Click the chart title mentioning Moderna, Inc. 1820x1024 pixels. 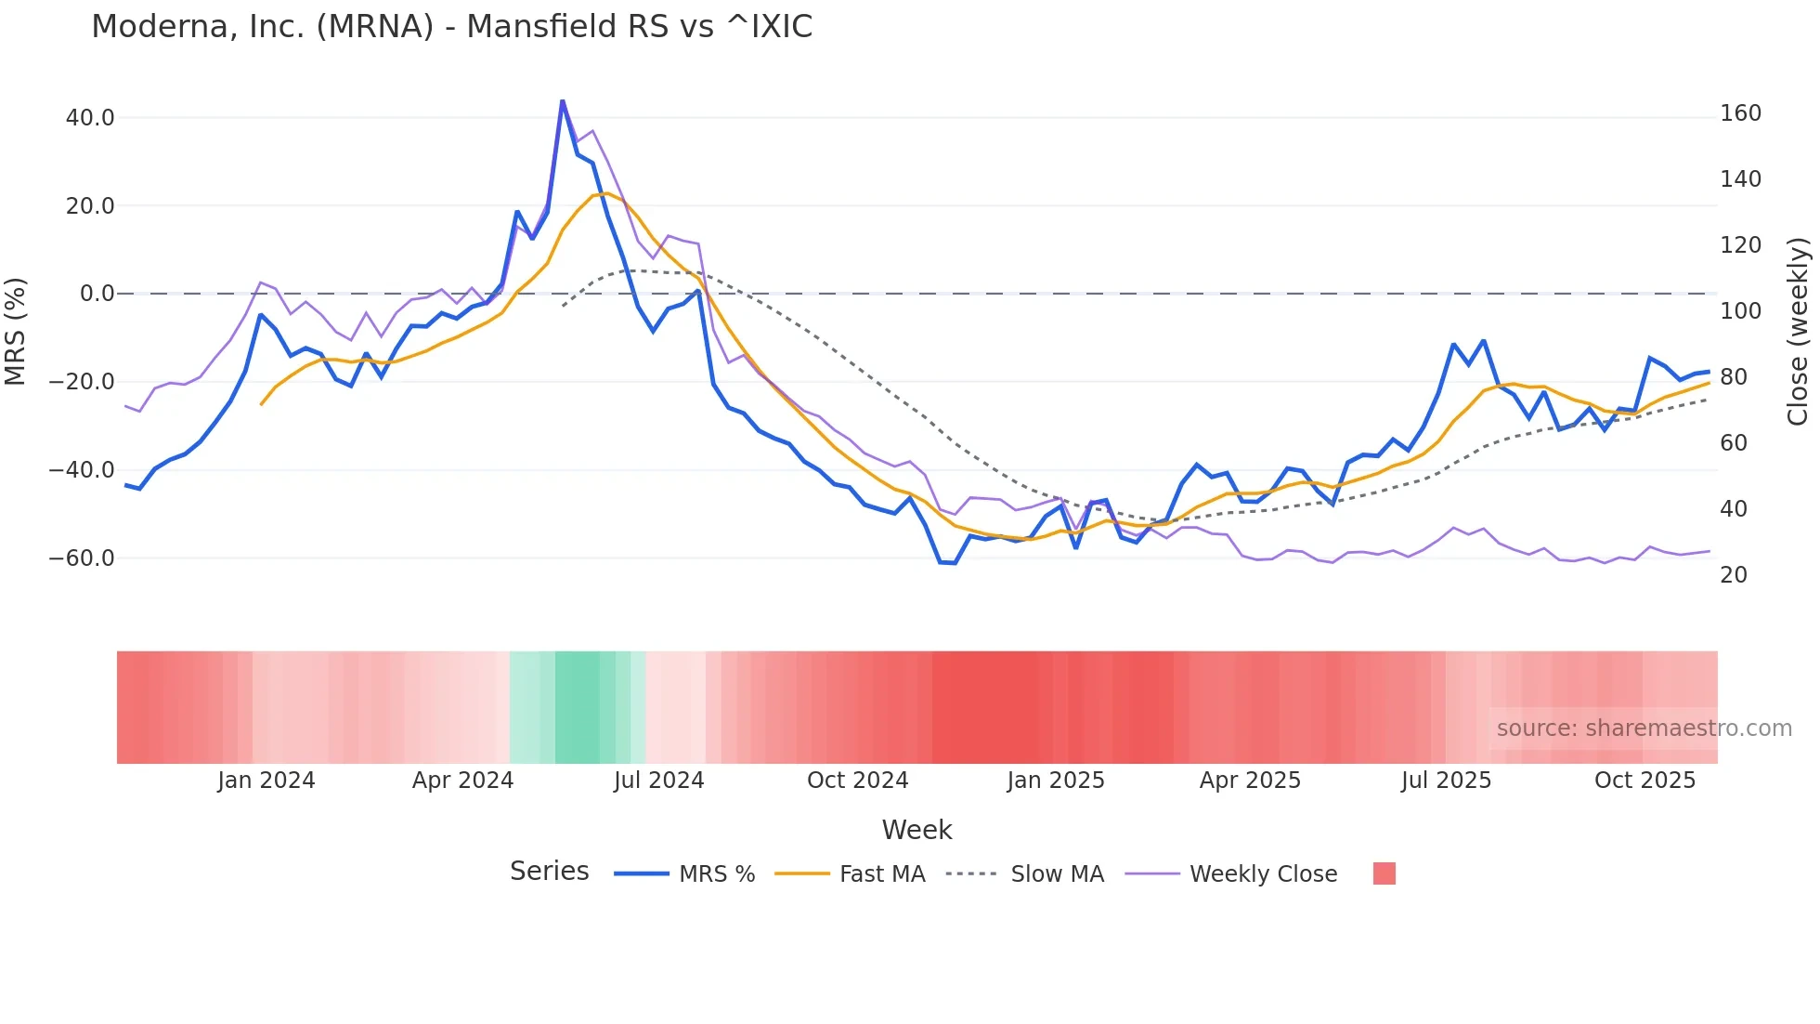click(x=451, y=27)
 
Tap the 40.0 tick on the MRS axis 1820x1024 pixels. click(x=90, y=118)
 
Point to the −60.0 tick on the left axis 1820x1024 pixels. click(x=83, y=558)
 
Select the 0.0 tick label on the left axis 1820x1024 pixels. click(x=97, y=294)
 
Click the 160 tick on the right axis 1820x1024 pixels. click(x=1740, y=113)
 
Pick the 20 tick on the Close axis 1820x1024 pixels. click(x=1734, y=575)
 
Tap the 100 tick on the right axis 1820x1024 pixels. click(x=1740, y=311)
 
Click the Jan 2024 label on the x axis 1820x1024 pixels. click(x=266, y=781)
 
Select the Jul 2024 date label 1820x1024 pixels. click(x=658, y=781)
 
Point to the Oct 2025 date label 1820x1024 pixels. click(x=1644, y=781)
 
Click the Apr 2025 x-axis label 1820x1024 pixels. click(x=1250, y=781)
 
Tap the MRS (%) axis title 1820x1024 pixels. click(x=16, y=332)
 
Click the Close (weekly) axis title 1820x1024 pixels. click(x=1799, y=332)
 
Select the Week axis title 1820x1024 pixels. click(x=916, y=830)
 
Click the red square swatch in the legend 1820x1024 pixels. click(x=1384, y=873)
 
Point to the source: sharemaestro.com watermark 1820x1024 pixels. click(x=1644, y=729)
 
